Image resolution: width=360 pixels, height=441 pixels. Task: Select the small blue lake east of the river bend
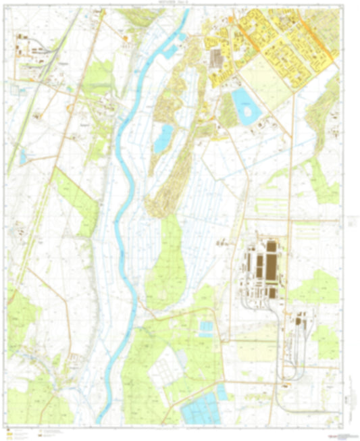tap(163, 138)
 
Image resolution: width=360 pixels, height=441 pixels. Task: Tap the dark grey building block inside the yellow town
tap(216, 58)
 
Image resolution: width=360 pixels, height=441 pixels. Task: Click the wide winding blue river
tap(122, 203)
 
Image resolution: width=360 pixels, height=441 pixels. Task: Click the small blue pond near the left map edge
tap(24, 157)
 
